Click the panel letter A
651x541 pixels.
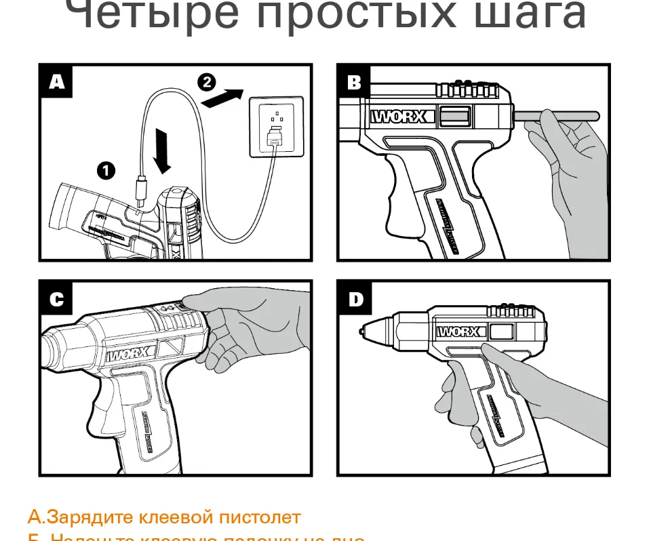click(x=57, y=83)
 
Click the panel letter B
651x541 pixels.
click(x=355, y=83)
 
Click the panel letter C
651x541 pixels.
click(x=57, y=299)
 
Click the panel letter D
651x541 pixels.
click(x=355, y=299)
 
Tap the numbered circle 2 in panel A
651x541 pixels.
click(x=206, y=83)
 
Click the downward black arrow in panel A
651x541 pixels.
click(x=162, y=148)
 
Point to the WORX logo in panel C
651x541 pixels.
click(x=132, y=354)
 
